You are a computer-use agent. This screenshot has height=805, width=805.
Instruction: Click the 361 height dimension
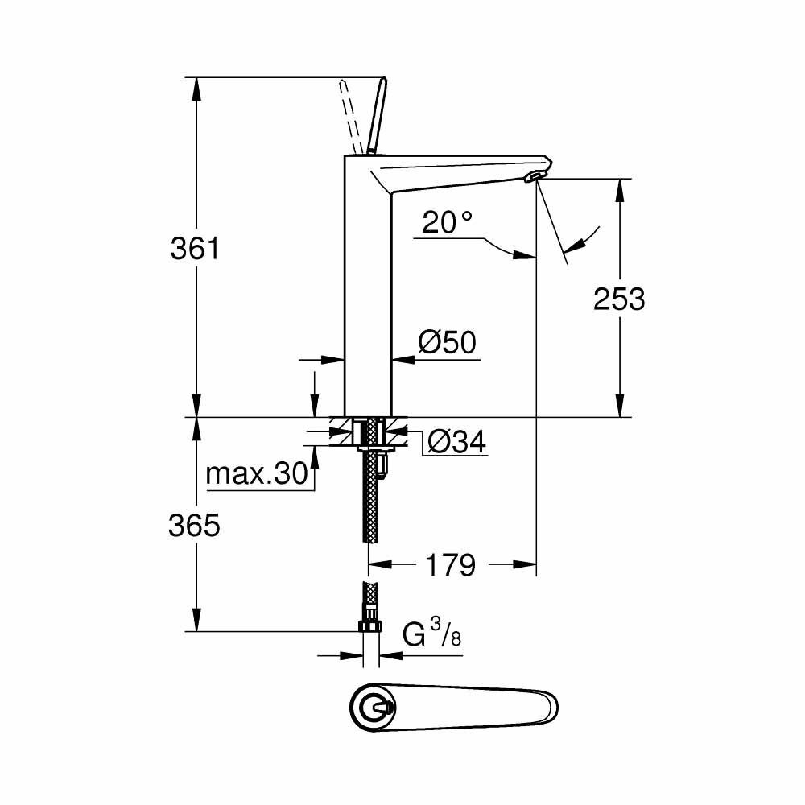(x=195, y=249)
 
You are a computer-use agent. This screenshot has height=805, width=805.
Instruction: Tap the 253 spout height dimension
(x=619, y=299)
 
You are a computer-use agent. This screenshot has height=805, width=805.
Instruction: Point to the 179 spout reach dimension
(x=450, y=565)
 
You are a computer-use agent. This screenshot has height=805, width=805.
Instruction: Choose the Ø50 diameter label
(x=448, y=344)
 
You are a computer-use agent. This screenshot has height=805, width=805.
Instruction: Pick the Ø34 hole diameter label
(x=456, y=441)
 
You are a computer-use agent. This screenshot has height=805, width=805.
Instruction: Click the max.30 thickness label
(x=257, y=474)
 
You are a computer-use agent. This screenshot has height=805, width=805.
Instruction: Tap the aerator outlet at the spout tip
(x=535, y=175)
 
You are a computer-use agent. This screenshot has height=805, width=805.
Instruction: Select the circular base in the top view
(x=373, y=708)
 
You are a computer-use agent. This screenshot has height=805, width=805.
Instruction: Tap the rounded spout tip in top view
(x=547, y=708)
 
